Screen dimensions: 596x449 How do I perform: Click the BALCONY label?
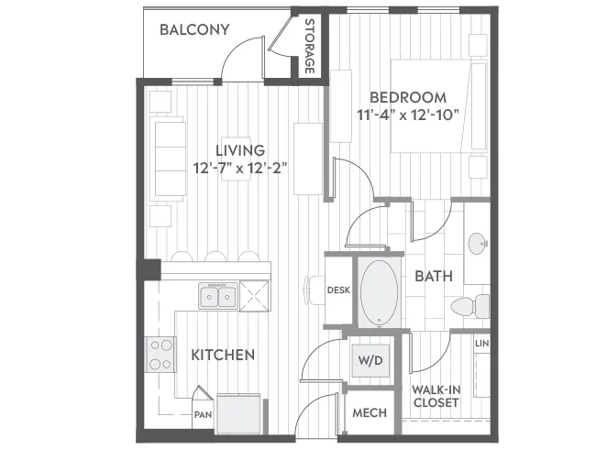194,29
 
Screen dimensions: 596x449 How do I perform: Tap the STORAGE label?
310,46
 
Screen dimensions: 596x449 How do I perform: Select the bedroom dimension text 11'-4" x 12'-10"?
408,115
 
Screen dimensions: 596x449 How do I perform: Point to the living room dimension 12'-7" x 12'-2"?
239,168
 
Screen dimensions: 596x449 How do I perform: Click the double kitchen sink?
218,296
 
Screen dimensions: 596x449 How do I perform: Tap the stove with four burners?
160,355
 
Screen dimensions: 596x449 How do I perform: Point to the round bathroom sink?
478,243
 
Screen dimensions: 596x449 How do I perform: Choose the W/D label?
370,360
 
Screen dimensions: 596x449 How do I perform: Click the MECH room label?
370,413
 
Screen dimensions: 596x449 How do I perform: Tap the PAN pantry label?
203,415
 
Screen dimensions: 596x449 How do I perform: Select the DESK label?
338,290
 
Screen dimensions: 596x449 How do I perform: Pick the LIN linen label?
481,344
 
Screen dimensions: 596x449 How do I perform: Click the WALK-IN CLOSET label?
436,396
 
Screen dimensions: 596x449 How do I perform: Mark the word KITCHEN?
223,356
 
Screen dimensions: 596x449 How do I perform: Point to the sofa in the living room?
168,159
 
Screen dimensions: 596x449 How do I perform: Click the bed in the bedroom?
439,106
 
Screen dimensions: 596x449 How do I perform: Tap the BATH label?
434,276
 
